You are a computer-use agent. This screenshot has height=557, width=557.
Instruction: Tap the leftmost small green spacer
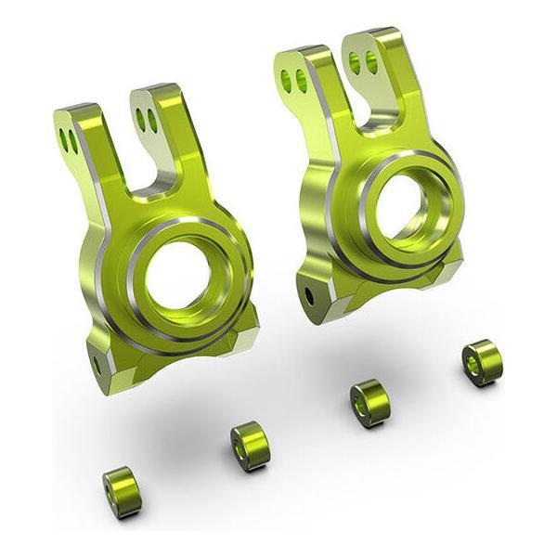(x=122, y=491)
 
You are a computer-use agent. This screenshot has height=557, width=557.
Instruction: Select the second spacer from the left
(x=249, y=445)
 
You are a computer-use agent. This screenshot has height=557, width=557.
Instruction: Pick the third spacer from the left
(x=369, y=402)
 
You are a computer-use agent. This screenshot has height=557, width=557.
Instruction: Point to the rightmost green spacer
(x=482, y=361)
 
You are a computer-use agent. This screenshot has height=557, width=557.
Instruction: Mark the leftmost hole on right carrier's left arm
(x=286, y=81)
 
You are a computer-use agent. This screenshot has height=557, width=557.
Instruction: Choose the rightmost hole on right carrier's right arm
(x=371, y=61)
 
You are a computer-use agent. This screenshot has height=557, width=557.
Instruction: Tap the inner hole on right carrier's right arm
(x=356, y=62)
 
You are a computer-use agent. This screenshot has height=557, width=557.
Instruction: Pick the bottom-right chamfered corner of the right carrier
(x=451, y=267)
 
